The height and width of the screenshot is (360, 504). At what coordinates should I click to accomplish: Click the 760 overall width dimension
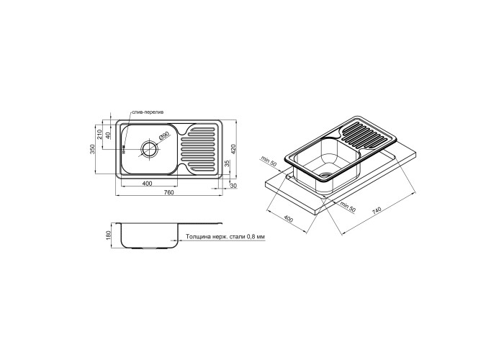(168, 192)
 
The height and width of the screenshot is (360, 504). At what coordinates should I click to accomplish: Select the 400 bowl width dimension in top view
(147, 184)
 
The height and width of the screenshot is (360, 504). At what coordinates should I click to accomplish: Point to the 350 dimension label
(94, 150)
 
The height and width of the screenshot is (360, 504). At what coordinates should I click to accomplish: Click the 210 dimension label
(99, 134)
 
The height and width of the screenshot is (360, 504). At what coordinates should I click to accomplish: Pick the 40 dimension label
(108, 135)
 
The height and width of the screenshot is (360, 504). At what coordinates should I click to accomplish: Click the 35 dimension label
(227, 163)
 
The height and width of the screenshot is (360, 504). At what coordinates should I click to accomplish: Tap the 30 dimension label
(234, 186)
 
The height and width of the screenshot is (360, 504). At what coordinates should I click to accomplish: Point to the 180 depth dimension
(108, 235)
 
